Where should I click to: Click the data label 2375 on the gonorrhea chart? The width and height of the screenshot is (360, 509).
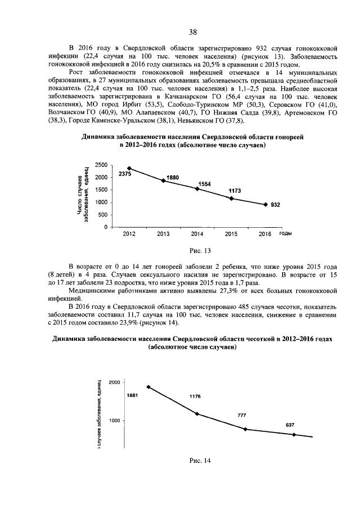[x=124, y=174]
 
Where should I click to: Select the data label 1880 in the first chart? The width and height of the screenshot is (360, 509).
[x=173, y=178]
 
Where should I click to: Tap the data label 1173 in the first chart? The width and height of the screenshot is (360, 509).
[x=235, y=191]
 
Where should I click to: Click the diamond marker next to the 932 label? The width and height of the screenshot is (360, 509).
[x=265, y=205]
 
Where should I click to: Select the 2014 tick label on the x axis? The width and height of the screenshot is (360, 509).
[x=197, y=233]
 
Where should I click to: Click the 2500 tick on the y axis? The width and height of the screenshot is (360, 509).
[x=102, y=165]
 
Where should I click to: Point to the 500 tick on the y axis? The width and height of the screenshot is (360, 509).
[x=103, y=215]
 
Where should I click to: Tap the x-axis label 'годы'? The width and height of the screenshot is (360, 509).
[x=285, y=232]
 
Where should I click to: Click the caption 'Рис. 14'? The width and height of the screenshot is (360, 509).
[x=200, y=461]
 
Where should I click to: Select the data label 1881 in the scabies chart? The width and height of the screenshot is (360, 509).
[x=132, y=395]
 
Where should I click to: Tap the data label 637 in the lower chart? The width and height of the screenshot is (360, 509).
[x=290, y=425]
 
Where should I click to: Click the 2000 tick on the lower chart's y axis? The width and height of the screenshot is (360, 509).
[x=114, y=382]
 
